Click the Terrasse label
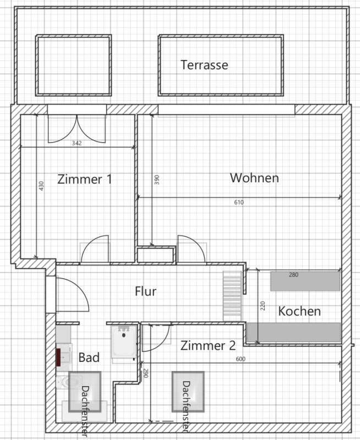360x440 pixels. (204, 65)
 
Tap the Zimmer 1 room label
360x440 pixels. (85, 179)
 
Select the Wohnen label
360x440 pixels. (254, 178)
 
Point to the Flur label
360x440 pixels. (145, 291)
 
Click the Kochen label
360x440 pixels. (299, 311)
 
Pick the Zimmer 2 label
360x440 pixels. (208, 345)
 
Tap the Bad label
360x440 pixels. (89, 358)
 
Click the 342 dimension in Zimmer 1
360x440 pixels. (77, 143)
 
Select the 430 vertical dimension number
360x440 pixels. (41, 186)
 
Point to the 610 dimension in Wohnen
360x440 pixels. (239, 202)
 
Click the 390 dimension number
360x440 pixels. (157, 180)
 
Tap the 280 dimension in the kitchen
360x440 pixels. (293, 274)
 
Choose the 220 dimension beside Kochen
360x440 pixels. (263, 306)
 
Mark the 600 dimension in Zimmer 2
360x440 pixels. (241, 359)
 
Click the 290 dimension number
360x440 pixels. (145, 373)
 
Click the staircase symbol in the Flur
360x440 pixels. (232, 296)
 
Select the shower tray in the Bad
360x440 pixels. (124, 342)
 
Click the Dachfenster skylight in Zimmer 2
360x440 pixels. (188, 392)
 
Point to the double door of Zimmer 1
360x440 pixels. (77, 129)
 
